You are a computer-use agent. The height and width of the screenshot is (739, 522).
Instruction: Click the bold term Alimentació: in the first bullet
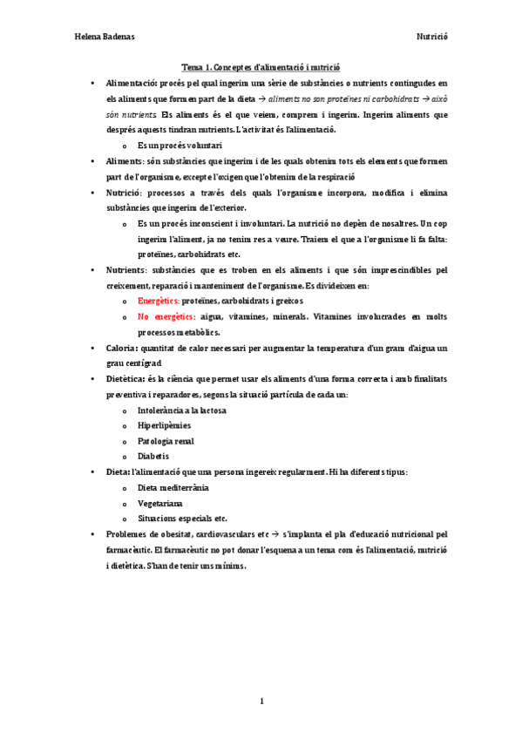click(x=132, y=83)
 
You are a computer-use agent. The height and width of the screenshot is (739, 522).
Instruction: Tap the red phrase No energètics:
click(x=166, y=316)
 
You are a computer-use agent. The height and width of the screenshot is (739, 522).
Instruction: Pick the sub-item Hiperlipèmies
click(x=164, y=425)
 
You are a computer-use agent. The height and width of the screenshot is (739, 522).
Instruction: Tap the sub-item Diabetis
click(x=153, y=456)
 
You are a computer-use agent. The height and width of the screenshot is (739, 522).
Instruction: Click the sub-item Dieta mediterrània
click(x=173, y=487)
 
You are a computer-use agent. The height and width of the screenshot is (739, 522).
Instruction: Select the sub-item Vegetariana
click(x=159, y=503)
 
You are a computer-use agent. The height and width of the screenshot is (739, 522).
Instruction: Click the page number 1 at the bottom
click(x=261, y=701)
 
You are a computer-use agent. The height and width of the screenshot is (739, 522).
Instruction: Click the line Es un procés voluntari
click(x=180, y=145)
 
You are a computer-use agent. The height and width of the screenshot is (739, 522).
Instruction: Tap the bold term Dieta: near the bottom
click(x=119, y=471)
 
